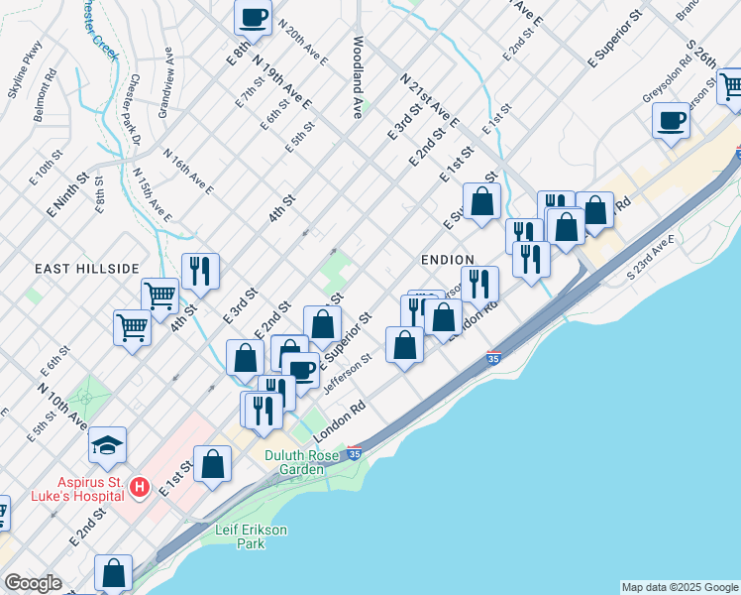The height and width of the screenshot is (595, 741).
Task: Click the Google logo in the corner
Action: click(33, 583)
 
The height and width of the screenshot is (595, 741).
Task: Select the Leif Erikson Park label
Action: click(251, 536)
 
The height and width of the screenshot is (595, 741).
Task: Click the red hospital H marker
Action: click(141, 487)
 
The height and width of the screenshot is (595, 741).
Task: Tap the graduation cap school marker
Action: click(107, 446)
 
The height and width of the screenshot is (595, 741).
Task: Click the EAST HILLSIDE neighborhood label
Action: click(86, 269)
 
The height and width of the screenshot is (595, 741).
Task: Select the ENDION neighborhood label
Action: click(447, 259)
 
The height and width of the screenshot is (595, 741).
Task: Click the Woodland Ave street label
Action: click(357, 79)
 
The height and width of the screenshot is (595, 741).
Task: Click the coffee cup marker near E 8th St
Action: click(253, 17)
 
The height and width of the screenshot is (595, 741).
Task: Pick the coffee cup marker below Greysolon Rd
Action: click(671, 121)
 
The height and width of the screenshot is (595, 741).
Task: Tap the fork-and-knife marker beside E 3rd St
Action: click(200, 271)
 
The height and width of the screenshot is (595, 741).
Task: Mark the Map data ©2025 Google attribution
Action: click(680, 587)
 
